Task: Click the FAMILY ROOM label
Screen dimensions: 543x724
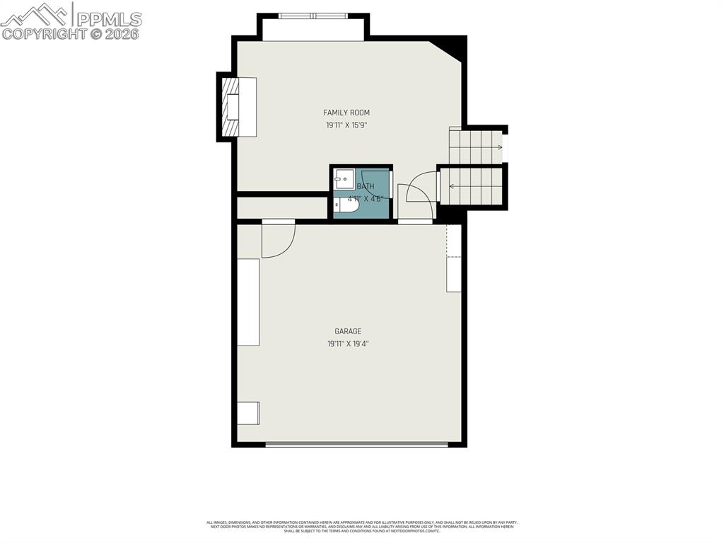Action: (x=346, y=113)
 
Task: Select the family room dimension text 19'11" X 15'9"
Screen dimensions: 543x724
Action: (x=346, y=125)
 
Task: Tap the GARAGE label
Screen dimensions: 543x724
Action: (x=348, y=331)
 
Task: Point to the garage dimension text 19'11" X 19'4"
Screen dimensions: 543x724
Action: (x=348, y=344)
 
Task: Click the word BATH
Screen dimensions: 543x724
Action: (x=366, y=187)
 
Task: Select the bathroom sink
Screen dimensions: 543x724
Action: (x=344, y=179)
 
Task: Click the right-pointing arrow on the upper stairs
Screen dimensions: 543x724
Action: (x=499, y=147)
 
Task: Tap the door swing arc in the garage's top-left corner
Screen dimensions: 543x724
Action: (x=278, y=241)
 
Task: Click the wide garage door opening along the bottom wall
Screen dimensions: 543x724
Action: (x=356, y=445)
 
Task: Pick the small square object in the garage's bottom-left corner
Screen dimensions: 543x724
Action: (x=248, y=412)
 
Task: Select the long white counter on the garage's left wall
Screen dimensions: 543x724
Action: (x=248, y=302)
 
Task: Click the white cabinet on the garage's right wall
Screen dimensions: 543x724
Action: (x=454, y=274)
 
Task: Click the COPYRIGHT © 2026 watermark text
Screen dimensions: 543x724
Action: (x=71, y=34)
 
